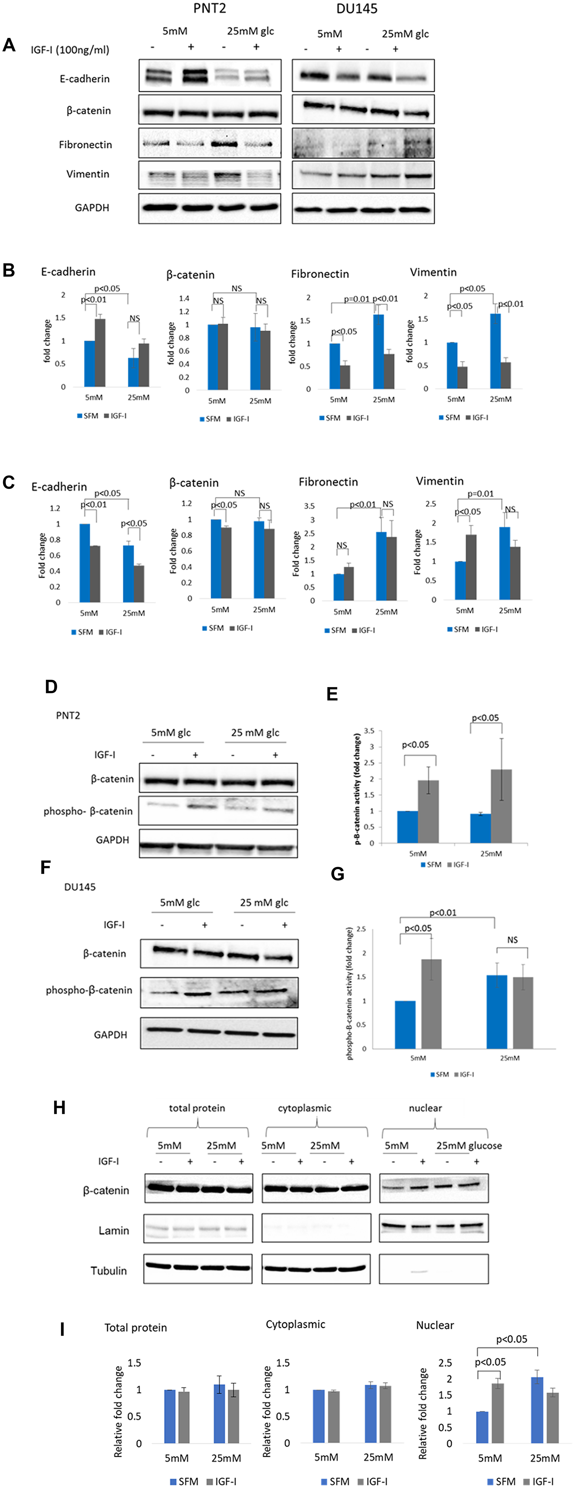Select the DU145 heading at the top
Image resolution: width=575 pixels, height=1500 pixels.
click(x=357, y=9)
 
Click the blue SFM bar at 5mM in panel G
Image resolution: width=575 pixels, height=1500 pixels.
click(x=405, y=1025)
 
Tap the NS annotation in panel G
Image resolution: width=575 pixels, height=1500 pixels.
click(x=512, y=940)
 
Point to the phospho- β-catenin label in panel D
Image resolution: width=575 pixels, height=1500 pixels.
click(x=88, y=811)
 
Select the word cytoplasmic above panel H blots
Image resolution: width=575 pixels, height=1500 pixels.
click(x=304, y=1108)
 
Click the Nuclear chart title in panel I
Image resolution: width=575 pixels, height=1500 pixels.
click(x=435, y=1325)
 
